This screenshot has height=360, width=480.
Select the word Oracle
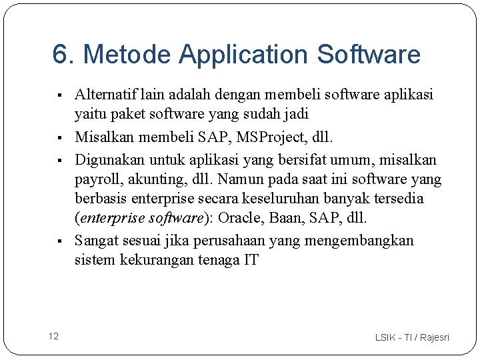[241, 219]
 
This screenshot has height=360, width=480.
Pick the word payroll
[97, 179]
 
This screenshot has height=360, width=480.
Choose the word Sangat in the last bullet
[95, 240]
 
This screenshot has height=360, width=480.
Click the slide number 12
[53, 336]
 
